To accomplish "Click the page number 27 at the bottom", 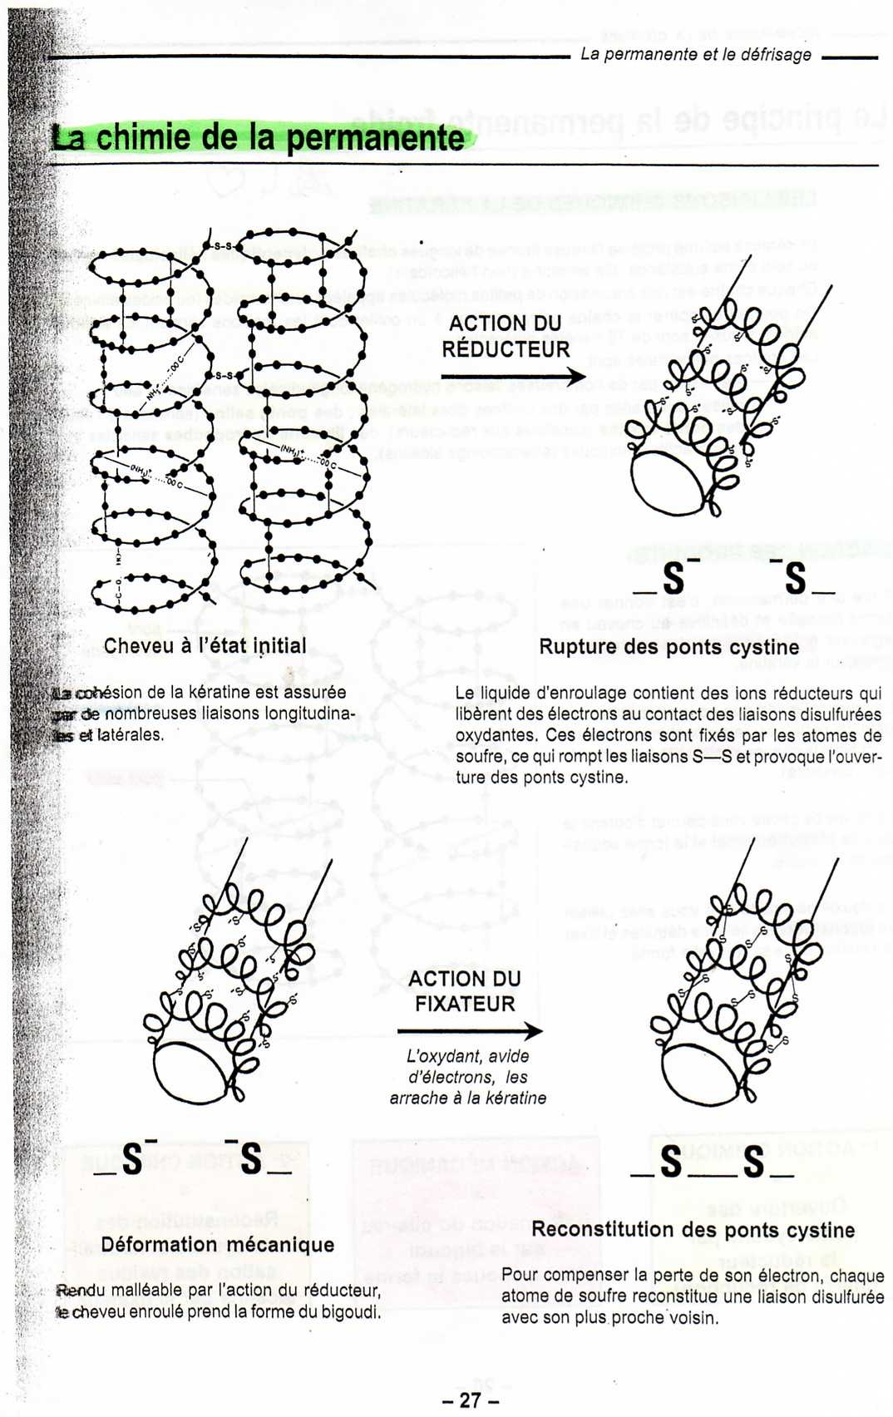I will click(x=470, y=1400).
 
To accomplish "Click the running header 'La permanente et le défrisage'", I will click(x=695, y=55).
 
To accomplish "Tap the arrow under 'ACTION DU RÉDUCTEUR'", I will click(x=513, y=377).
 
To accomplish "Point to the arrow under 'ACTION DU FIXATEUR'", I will click(x=470, y=1031).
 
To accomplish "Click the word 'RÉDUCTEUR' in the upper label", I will click(x=506, y=349).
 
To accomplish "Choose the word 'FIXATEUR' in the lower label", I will click(x=465, y=1004).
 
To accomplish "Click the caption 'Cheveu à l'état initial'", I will click(x=205, y=646).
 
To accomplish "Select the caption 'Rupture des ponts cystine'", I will click(x=669, y=647).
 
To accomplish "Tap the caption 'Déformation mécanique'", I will click(x=217, y=1245).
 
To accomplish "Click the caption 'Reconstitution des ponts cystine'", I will click(x=693, y=1230).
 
